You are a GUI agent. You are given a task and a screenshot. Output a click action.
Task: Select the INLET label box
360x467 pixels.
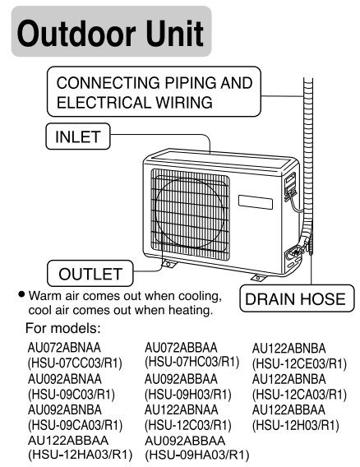78,136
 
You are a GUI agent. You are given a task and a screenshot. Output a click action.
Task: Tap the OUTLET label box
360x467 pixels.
90,274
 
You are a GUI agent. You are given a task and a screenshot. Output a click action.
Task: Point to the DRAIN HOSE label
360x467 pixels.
297,298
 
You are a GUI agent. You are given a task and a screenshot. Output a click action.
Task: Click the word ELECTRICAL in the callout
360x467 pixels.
104,103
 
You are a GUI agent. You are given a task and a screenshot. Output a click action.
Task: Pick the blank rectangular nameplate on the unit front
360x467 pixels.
256,202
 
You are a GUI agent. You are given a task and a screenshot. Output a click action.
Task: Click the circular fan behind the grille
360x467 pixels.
189,214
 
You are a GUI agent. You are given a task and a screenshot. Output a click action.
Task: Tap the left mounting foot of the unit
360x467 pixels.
168,264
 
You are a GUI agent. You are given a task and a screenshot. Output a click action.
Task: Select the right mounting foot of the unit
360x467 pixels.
257,278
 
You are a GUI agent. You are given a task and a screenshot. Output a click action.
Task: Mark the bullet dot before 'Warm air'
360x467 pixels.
21,294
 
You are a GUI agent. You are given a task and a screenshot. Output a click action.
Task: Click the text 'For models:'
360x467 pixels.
63,328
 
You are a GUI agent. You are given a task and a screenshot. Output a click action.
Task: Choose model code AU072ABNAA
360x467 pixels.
64,348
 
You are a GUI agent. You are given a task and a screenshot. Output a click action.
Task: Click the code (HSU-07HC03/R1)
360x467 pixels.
192,362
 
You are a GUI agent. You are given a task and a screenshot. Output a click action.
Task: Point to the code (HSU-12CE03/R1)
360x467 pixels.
299,363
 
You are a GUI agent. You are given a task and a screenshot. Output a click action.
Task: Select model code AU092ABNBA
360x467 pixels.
65,409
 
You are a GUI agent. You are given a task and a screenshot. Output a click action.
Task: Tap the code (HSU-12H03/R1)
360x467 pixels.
296,425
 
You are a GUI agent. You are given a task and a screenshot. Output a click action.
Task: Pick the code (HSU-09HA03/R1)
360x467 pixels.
196,455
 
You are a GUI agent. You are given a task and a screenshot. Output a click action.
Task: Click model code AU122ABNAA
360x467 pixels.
182,409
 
